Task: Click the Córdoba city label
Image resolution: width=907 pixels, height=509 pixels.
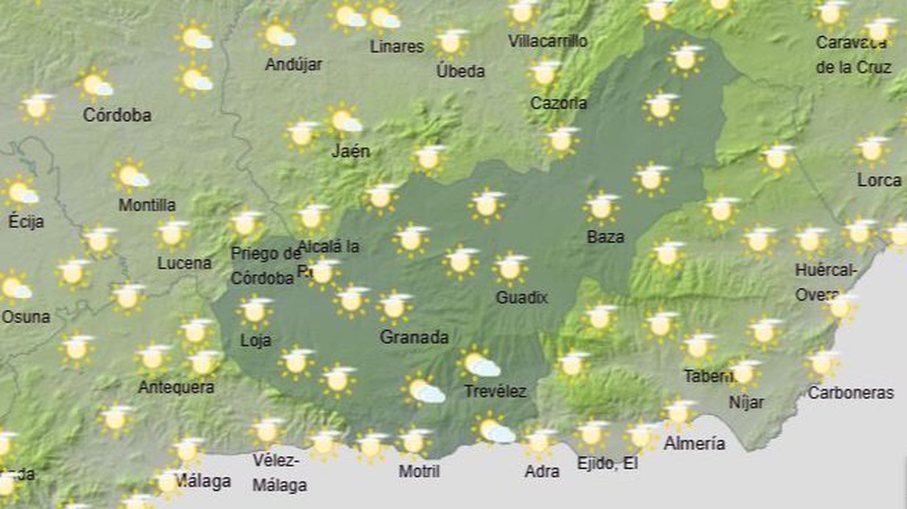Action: click(117, 115)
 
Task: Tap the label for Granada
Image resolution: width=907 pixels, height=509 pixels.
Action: click(414, 337)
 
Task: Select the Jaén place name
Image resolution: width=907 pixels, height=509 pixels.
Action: click(351, 151)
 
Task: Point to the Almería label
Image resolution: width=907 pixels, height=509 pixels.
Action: click(694, 443)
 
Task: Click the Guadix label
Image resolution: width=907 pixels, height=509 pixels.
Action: click(521, 297)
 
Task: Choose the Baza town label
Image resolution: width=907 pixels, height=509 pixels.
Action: click(605, 237)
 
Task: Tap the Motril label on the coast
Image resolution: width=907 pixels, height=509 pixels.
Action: click(419, 471)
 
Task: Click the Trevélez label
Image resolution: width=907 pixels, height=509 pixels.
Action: click(495, 391)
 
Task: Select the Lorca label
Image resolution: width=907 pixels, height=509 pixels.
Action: click(879, 181)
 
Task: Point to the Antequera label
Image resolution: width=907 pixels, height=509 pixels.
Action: click(176, 387)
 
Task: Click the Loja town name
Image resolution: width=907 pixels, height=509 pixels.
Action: click(256, 340)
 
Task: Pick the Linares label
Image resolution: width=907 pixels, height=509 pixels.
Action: click(397, 46)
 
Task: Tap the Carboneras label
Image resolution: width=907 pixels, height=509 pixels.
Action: click(850, 392)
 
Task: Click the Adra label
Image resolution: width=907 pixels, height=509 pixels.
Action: click(542, 471)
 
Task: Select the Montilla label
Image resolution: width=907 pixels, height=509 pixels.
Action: click(147, 205)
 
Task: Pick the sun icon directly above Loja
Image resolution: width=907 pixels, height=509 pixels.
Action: click(255, 310)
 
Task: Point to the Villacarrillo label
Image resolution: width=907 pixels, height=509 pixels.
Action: click(547, 41)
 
